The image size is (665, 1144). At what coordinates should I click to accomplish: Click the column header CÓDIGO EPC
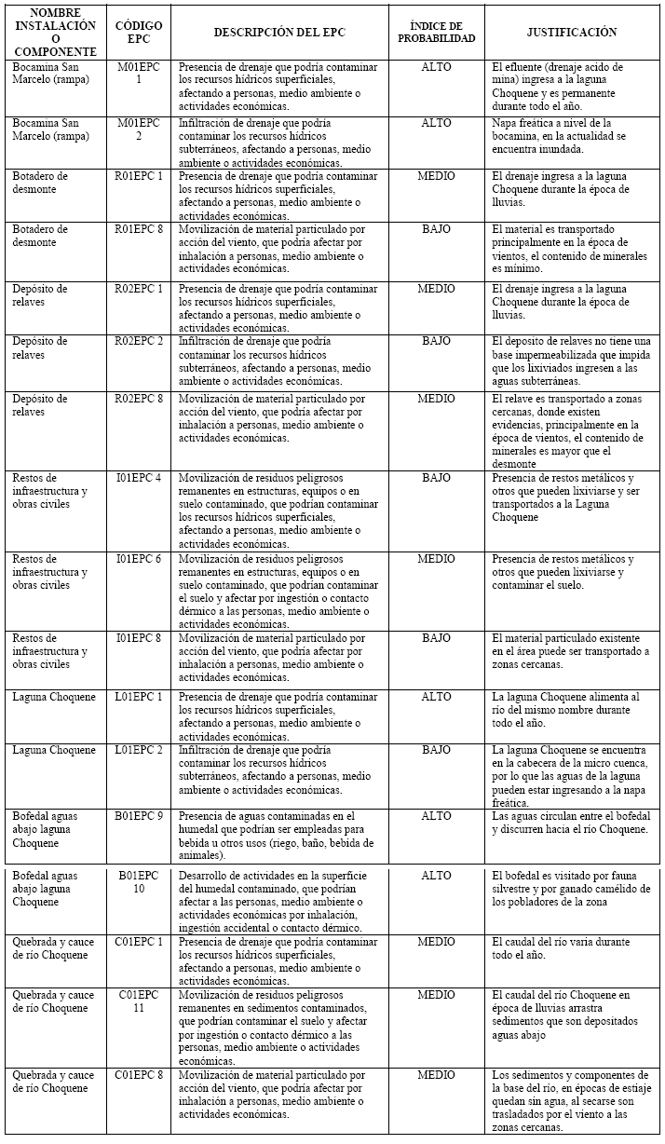[x=138, y=32]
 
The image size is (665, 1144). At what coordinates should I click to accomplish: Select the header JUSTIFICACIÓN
[x=571, y=32]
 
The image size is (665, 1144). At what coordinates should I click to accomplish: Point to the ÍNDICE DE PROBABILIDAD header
[x=436, y=32]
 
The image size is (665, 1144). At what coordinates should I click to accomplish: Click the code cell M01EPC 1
[x=138, y=74]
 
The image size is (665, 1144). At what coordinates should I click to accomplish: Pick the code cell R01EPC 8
[x=138, y=229]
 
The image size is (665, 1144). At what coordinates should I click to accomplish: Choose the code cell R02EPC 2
[x=138, y=342]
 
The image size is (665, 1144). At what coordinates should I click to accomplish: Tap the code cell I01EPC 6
[x=138, y=559]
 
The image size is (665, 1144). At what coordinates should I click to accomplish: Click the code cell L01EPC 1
[x=138, y=697]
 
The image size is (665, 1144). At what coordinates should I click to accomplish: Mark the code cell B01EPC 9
[x=140, y=816]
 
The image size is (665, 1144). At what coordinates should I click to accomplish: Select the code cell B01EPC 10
[x=138, y=882]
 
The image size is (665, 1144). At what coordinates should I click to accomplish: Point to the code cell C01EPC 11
[x=138, y=1001]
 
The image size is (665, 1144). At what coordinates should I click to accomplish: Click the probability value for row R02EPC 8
[x=436, y=399]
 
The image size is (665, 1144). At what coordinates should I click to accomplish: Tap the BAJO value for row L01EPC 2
[x=436, y=750]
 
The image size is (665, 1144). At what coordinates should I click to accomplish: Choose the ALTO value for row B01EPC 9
[x=436, y=816]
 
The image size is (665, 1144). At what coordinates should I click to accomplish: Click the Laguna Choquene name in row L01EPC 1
[x=54, y=697]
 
